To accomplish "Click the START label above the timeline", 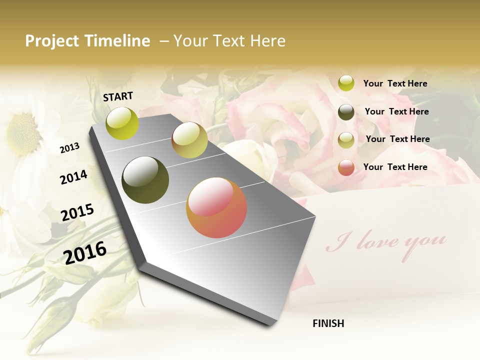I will (118, 96).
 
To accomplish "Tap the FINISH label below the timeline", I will (328, 323).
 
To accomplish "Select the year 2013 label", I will (69, 148).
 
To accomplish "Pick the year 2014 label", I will (73, 177).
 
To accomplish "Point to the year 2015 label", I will (77, 212).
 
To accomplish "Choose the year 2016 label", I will (85, 252).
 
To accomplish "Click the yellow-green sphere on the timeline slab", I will (122, 123).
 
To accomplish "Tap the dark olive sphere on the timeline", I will (145, 180).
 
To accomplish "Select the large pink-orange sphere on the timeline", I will (216, 207).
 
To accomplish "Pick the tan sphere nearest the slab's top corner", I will (189, 140).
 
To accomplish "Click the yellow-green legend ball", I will (346, 83).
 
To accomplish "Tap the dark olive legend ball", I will (346, 112).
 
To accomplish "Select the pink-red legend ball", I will (346, 167).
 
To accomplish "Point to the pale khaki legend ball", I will (346, 139).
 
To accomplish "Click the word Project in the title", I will (52, 41).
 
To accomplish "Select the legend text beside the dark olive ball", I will (396, 111).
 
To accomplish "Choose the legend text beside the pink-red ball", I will (395, 167).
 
